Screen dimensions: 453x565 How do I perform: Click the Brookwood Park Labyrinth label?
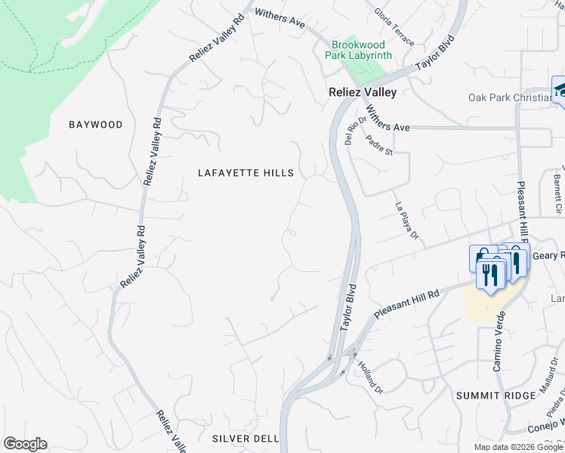359,50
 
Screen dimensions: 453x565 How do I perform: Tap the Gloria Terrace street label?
393,16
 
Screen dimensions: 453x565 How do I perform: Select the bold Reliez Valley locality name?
362,91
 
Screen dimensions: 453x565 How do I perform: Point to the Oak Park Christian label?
511,97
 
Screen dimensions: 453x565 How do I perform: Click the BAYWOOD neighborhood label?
95,125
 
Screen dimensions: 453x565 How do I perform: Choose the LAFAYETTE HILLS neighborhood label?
245,173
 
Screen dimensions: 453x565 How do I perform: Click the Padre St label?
379,145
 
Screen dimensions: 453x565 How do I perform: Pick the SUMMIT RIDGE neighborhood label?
489,396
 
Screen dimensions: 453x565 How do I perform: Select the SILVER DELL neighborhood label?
245,439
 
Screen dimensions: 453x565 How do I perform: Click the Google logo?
25,444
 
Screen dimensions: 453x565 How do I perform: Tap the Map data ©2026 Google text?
518,447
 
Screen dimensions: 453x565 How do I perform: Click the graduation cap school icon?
560,90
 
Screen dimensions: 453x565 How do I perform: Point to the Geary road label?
548,256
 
